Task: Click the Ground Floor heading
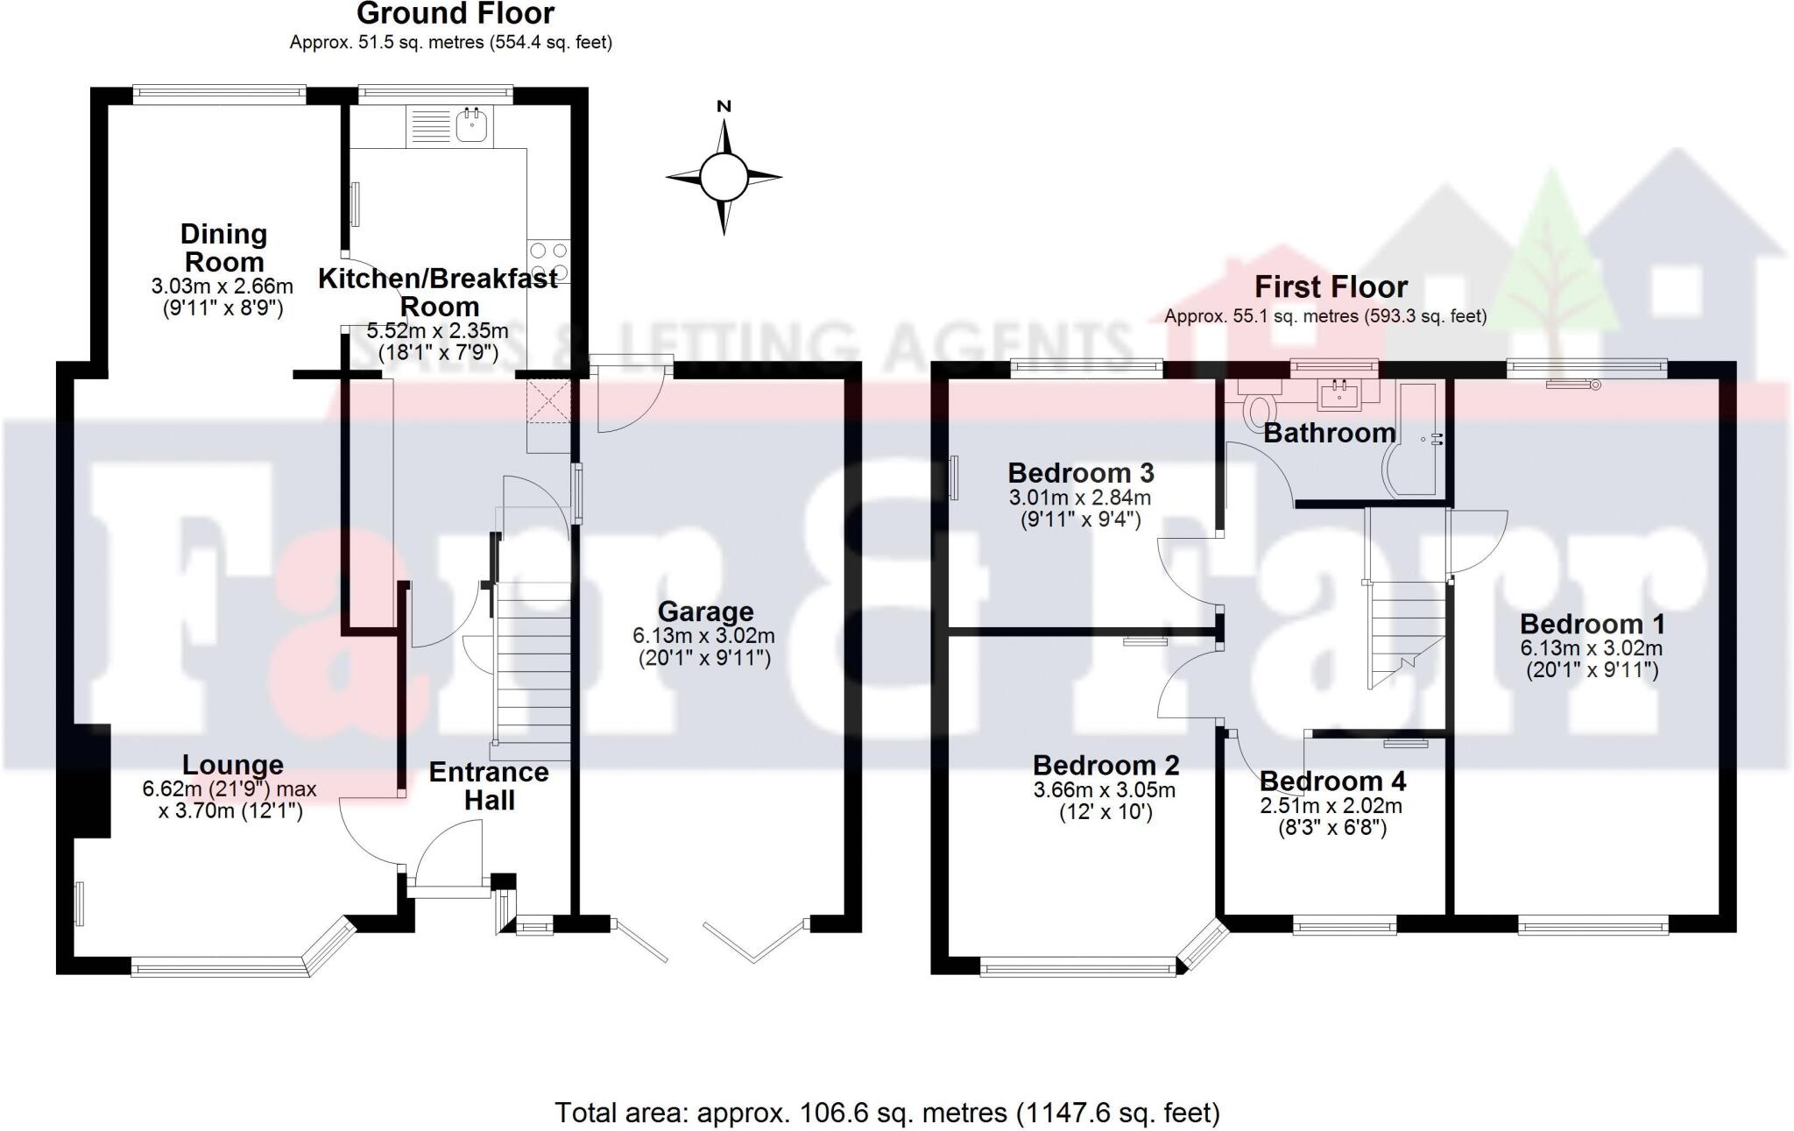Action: coord(456,14)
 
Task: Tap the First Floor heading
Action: coord(1331,286)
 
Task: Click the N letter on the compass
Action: coord(724,107)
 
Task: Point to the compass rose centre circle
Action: coord(724,177)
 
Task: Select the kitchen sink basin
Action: coord(473,126)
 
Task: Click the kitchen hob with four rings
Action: coord(548,260)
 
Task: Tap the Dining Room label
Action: coord(223,248)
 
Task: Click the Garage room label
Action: coord(705,611)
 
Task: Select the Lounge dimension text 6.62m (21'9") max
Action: coord(230,789)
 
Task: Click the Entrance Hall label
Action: coord(489,786)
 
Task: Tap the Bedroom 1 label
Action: coord(1592,624)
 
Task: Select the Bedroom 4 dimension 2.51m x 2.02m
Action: coord(1331,805)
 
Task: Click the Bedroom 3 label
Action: coord(1080,473)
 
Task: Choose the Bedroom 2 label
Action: coord(1105,766)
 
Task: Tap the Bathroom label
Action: coord(1330,433)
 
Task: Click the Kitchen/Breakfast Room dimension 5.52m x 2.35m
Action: coord(437,331)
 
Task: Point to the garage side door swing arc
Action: coord(633,408)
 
